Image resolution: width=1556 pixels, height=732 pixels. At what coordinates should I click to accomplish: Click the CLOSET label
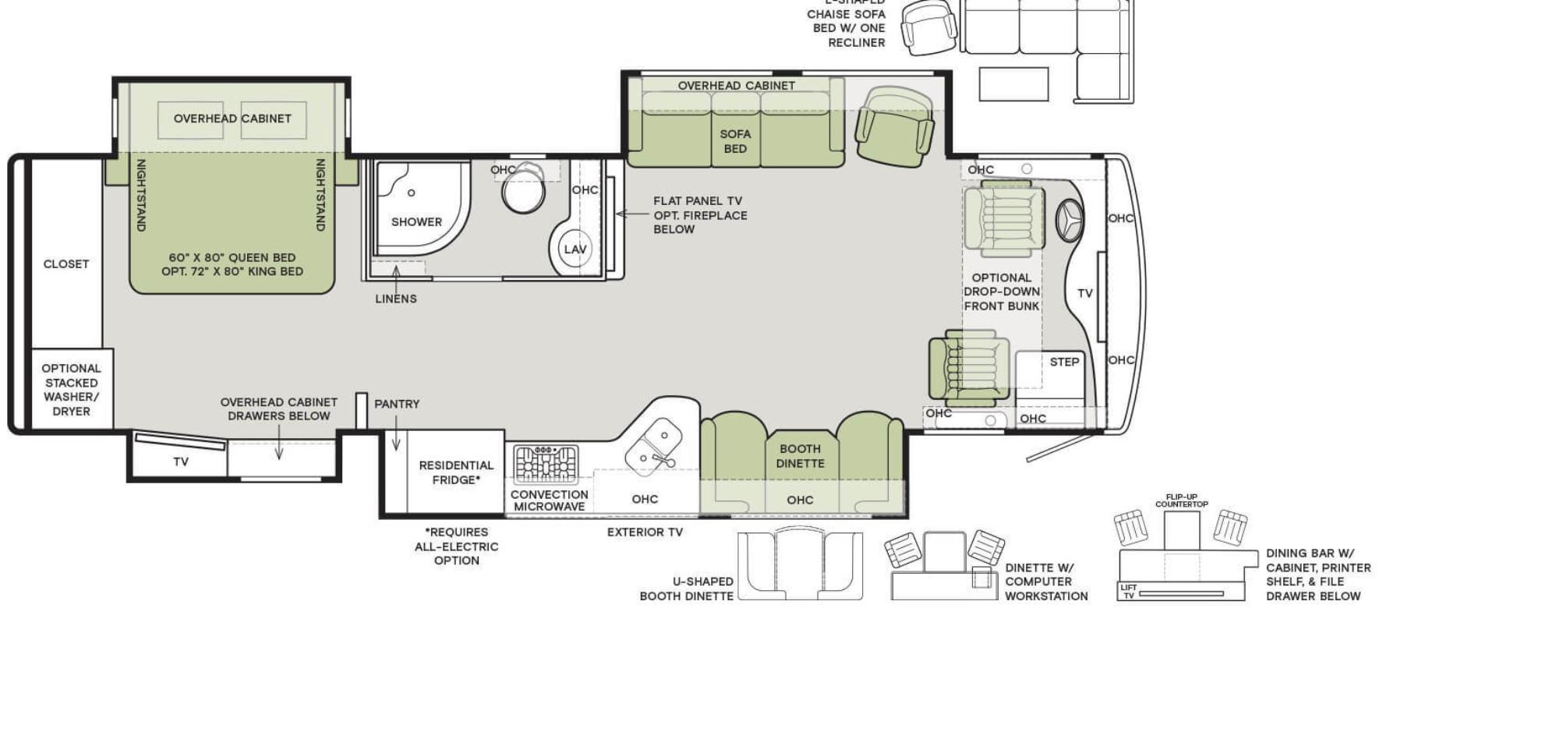point(66,264)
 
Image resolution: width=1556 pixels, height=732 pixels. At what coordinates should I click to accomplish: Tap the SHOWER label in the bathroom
point(416,222)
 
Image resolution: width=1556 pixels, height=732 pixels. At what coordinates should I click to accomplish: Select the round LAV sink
point(575,249)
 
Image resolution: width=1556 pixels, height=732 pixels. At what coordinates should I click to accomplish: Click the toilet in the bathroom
point(524,189)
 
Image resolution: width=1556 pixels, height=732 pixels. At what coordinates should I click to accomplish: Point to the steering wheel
point(1070,220)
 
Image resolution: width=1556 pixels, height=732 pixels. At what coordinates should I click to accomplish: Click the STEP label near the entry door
point(1064,362)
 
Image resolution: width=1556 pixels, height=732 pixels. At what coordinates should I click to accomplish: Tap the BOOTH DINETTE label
point(800,456)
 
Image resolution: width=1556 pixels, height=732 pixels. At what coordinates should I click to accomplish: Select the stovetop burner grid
point(546,465)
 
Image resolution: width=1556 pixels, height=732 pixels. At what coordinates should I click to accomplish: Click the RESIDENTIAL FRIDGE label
point(456,472)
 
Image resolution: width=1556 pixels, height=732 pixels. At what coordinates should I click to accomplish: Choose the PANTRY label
point(397,404)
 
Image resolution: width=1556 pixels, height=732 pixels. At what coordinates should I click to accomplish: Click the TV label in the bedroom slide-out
point(181,461)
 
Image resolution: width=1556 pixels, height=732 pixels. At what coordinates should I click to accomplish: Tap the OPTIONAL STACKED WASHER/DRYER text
point(71,390)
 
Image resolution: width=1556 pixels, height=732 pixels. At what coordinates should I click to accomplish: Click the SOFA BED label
point(735,141)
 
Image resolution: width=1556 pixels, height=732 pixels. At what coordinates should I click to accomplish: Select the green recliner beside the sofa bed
point(894,127)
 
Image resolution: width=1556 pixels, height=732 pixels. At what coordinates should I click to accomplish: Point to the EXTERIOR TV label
point(645,532)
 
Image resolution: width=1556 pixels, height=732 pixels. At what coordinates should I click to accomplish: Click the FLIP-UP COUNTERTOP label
point(1181,500)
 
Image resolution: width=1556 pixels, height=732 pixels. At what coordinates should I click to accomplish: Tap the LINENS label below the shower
point(396,299)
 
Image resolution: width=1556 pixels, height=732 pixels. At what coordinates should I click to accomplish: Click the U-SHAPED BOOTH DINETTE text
point(686,589)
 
